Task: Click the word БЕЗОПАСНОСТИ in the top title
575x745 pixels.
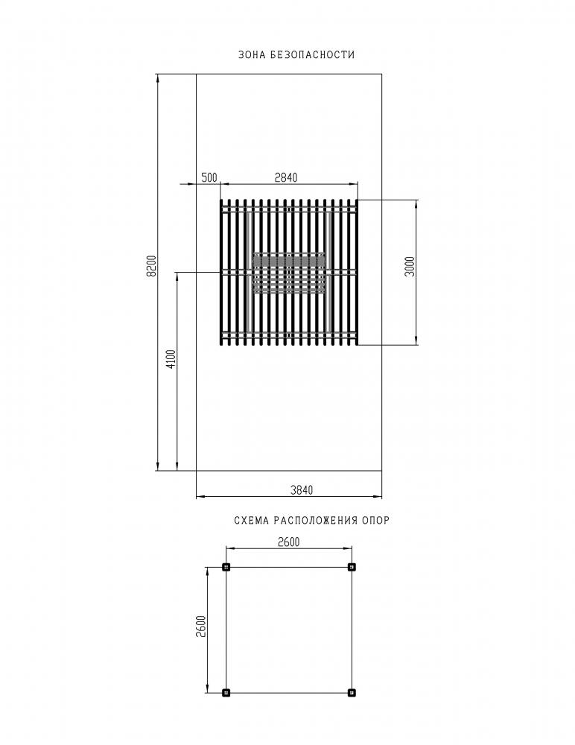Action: (x=312, y=54)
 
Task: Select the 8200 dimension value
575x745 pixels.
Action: (x=152, y=266)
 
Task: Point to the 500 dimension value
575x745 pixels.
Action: (x=209, y=178)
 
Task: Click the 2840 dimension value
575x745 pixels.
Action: (x=286, y=178)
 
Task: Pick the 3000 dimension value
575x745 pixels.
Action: (x=410, y=266)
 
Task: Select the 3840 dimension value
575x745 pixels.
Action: (x=302, y=490)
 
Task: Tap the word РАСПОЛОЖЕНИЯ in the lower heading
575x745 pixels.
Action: (x=315, y=520)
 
